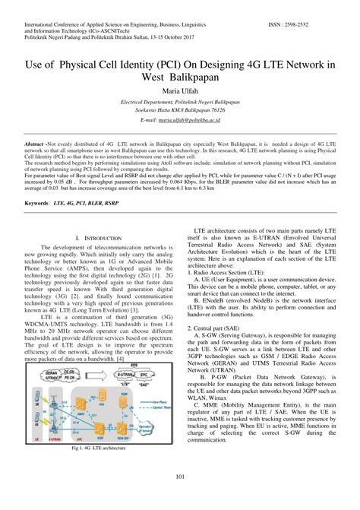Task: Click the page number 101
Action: [x=180, y=476]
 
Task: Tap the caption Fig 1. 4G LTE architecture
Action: [x=99, y=449]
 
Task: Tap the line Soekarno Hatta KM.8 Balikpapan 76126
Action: [x=180, y=109]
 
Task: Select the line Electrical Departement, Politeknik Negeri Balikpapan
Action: [x=180, y=100]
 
